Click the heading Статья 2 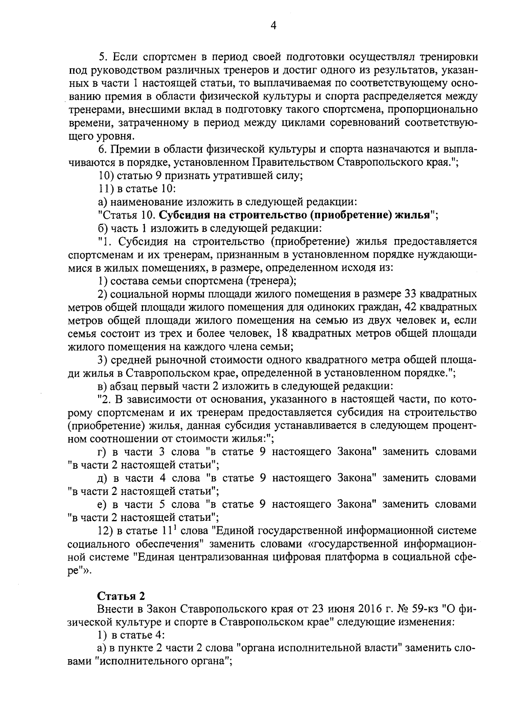point(121,596)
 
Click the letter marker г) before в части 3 point(102,452)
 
